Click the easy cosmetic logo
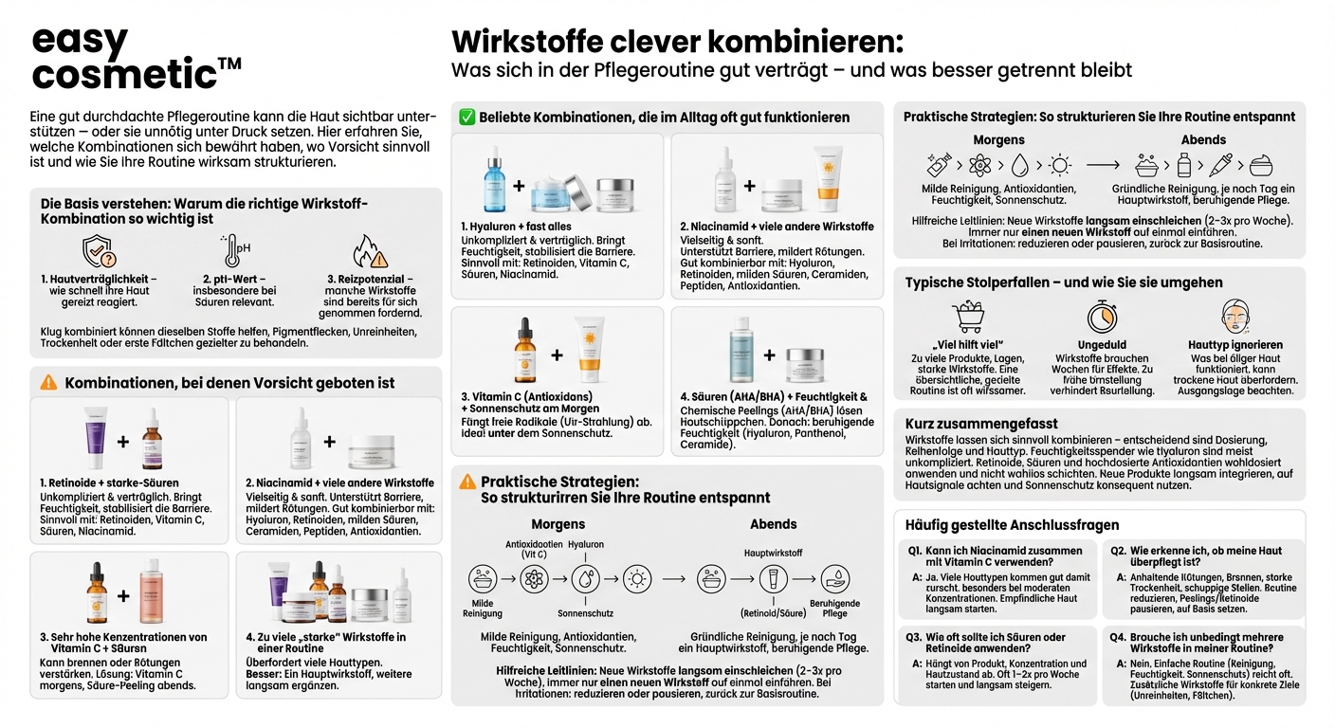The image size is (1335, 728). pos(133,58)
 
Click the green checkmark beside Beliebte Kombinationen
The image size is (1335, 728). pos(466,118)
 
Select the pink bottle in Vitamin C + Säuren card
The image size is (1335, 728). pos(152,596)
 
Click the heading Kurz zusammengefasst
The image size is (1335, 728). pos(981,424)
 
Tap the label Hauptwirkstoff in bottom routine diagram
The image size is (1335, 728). pos(774,552)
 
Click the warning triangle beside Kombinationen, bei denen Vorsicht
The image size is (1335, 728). pos(48,383)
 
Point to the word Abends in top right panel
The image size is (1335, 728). pos(1203,140)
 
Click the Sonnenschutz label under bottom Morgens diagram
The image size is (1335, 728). pos(586,612)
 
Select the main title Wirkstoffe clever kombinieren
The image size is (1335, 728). pos(677,43)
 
